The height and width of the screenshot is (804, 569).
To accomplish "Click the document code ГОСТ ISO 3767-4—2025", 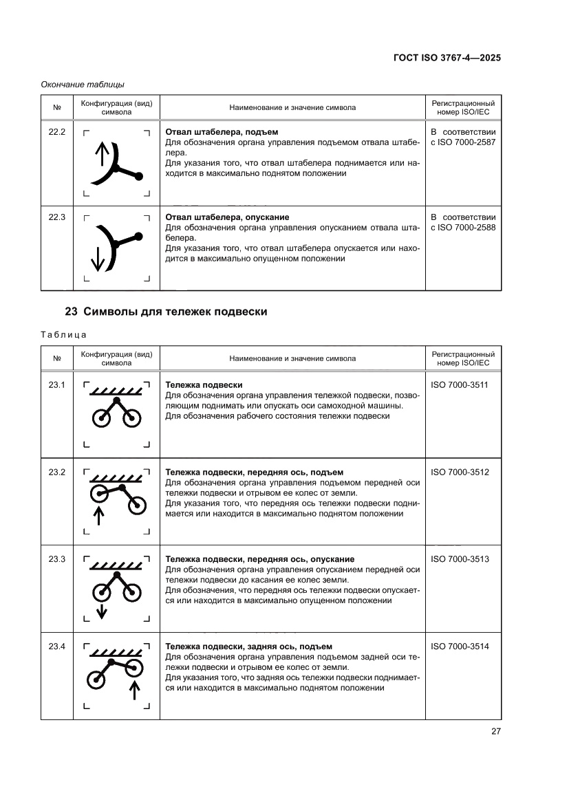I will pos(442,58).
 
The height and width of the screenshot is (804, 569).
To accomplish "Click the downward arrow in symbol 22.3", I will pos(96,258).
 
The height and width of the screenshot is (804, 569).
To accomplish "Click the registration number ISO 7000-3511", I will pos(459,385).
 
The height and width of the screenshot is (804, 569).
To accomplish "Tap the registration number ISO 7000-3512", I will pos(459,472).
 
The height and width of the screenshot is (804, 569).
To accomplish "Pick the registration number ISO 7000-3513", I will pos(459,559).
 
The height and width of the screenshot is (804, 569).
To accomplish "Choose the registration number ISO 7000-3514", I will pos(459,647).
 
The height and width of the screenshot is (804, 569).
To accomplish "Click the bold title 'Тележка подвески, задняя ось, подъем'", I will pos(249,647).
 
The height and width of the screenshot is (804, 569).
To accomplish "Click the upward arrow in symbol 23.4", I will pos(135,689).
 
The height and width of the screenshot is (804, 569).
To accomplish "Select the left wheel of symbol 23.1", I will pos(102,417).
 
